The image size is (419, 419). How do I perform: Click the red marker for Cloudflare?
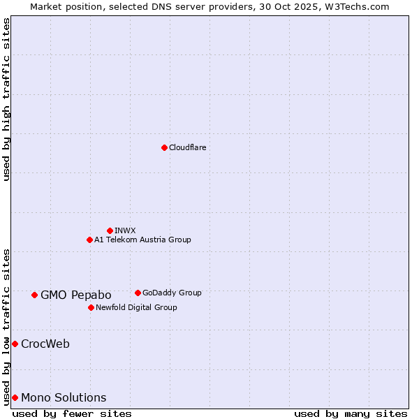coord(164,147)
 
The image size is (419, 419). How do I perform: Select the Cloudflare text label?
coord(188,147)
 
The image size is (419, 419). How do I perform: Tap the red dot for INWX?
coord(110,230)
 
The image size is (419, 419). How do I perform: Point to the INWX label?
coord(125,230)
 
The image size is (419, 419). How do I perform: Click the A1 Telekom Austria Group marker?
coord(89,240)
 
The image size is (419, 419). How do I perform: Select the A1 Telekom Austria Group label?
coord(142,240)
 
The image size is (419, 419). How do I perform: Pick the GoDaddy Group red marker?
coord(138,293)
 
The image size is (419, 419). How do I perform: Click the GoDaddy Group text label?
coord(172,293)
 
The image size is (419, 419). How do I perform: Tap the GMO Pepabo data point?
coord(34,295)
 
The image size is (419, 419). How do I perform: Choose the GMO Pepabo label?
coord(76,295)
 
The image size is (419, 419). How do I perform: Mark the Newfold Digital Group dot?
coord(91,307)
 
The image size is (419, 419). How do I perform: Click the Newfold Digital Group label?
coord(136,307)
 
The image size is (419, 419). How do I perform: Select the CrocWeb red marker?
coord(15,344)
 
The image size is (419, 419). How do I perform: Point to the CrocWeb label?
coord(45,344)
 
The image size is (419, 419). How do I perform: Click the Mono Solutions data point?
coord(15,397)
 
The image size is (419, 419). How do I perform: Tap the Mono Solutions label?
coord(64,397)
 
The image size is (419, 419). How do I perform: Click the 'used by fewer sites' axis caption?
coord(72,413)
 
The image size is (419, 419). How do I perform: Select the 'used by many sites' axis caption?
coord(351,413)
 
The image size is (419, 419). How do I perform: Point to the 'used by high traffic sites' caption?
coord(6,99)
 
